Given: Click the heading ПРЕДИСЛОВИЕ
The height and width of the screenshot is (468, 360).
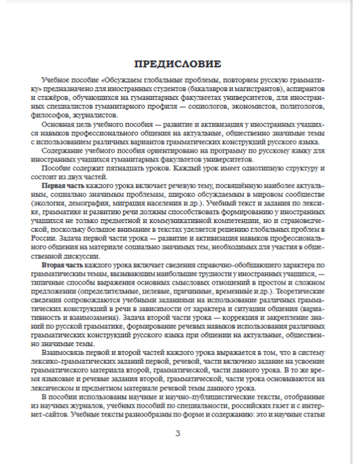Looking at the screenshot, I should tap(177, 64).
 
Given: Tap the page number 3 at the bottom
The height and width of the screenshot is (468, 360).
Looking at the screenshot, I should tap(177, 433).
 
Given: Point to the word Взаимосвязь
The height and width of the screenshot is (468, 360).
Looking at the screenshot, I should tap(62, 353).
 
